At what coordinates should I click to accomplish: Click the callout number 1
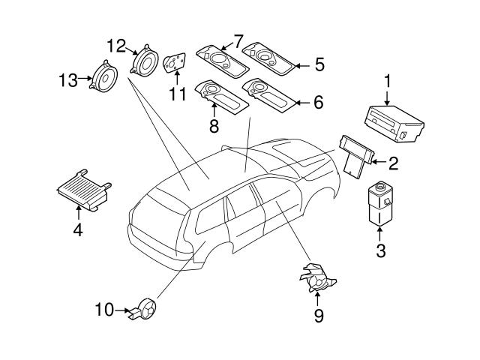tap(388, 79)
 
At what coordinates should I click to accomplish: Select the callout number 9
tap(318, 316)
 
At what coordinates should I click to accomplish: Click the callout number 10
tap(104, 308)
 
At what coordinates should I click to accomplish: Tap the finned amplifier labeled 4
tap(81, 190)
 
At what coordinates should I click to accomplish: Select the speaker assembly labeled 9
tap(318, 278)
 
